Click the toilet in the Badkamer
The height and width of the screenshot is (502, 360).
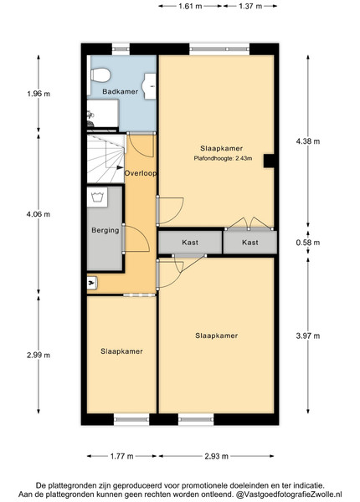(x=100, y=75)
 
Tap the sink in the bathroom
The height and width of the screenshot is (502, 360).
(x=150, y=86)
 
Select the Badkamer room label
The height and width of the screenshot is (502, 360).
(x=120, y=91)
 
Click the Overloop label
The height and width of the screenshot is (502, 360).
(x=141, y=173)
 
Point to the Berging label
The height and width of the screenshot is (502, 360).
(x=105, y=230)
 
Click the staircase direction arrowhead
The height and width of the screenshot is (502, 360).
(x=120, y=167)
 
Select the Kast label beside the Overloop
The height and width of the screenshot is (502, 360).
(x=190, y=243)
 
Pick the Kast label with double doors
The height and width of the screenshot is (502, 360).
(x=250, y=243)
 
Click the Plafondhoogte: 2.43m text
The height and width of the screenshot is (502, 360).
(x=223, y=158)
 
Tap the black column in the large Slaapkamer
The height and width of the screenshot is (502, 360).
(x=269, y=161)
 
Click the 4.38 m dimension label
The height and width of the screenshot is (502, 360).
(x=308, y=141)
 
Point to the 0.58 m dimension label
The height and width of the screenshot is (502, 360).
(x=308, y=243)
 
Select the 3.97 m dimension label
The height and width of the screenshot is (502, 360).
(x=308, y=336)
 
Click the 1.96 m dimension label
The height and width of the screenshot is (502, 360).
(x=39, y=94)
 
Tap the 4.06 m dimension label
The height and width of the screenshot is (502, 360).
(x=39, y=214)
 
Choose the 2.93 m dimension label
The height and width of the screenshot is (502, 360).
(x=217, y=456)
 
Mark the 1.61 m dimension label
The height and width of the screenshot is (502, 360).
(x=190, y=6)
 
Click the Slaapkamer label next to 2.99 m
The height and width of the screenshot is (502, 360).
(x=121, y=351)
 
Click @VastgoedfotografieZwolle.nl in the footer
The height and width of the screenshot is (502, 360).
(x=289, y=494)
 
